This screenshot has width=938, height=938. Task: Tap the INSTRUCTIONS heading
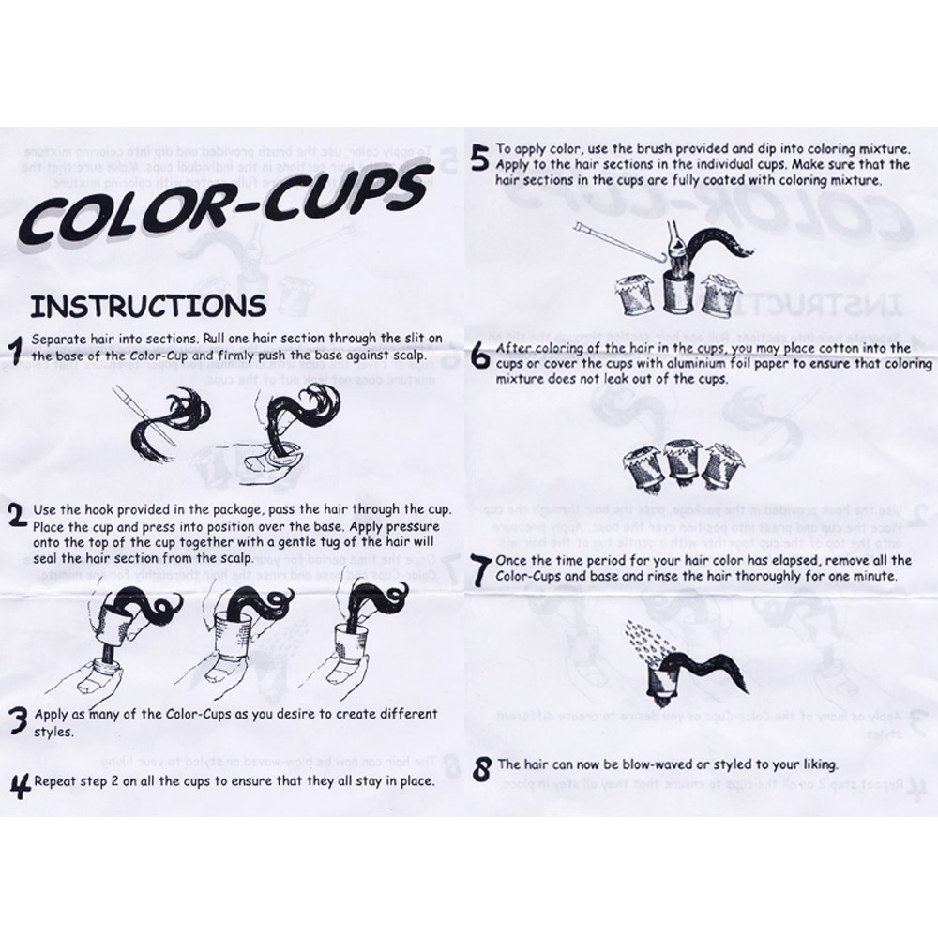(x=148, y=305)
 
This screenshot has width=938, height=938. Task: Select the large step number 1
(x=17, y=351)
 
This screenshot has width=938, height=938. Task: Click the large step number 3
(x=20, y=720)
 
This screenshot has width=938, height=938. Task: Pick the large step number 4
(x=21, y=785)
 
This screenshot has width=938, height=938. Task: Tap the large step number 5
(x=480, y=158)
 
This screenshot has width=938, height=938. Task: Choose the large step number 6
(x=481, y=357)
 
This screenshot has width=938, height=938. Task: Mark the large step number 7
(x=481, y=570)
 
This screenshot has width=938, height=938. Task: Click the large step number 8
(x=481, y=769)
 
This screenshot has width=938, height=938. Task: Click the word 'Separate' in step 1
(x=54, y=340)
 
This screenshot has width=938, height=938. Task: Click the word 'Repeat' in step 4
(x=53, y=781)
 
